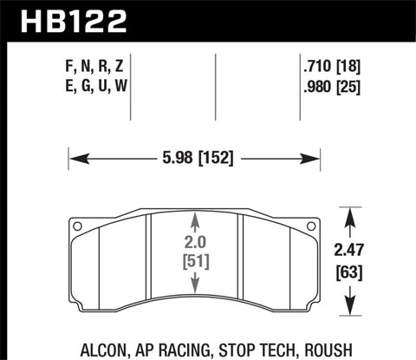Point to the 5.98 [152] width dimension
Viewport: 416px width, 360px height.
point(195,158)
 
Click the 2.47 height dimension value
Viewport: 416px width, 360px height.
point(350,252)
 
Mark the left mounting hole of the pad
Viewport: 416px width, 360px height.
point(79,228)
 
